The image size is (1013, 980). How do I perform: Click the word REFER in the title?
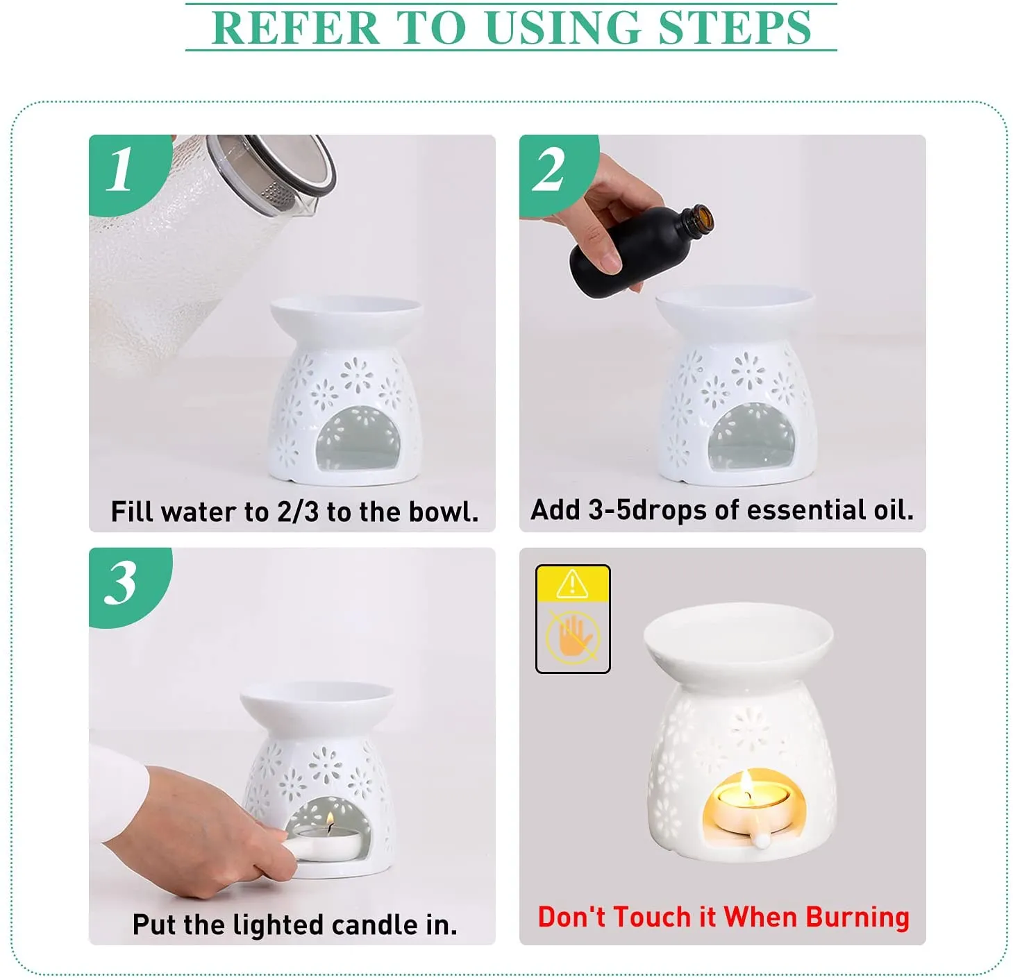[x=295, y=28]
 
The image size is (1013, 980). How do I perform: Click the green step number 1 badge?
[x=122, y=170]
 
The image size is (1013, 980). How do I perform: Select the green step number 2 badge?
[x=549, y=171]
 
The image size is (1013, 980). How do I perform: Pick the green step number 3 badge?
[x=122, y=583]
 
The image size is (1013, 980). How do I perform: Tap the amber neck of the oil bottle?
[x=698, y=219]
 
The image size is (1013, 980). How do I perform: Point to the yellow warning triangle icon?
[x=572, y=584]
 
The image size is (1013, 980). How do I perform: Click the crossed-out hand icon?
[x=572, y=637]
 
